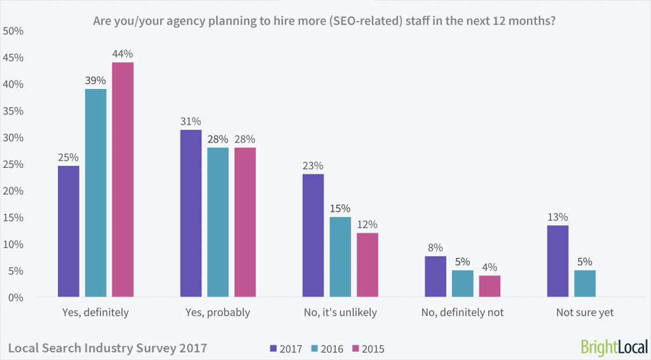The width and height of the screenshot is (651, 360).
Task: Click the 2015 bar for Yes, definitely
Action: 123,180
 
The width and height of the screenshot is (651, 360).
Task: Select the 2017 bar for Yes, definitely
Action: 69,232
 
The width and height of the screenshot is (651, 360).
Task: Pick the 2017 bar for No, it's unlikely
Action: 313,235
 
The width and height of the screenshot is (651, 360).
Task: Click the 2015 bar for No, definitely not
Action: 490,286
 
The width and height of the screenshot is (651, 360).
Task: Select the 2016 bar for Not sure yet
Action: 585,284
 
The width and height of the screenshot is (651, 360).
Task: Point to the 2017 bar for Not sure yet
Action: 558,261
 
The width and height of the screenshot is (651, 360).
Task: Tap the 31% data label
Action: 191,121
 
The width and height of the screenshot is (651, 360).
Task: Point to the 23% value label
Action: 313,165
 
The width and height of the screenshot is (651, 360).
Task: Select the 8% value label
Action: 435,248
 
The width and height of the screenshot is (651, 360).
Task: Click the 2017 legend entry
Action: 287,349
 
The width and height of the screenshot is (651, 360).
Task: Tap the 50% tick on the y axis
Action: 14,31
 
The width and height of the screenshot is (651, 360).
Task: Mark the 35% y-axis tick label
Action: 14,111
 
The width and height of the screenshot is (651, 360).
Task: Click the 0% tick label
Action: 17,298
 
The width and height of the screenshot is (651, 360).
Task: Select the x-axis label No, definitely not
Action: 462,312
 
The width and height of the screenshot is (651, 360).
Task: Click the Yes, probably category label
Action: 217,312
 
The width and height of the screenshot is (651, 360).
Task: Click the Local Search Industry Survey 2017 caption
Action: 107,348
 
